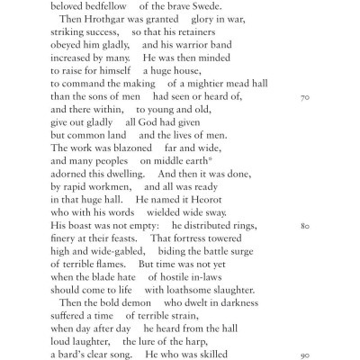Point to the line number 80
pos(304,224)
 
